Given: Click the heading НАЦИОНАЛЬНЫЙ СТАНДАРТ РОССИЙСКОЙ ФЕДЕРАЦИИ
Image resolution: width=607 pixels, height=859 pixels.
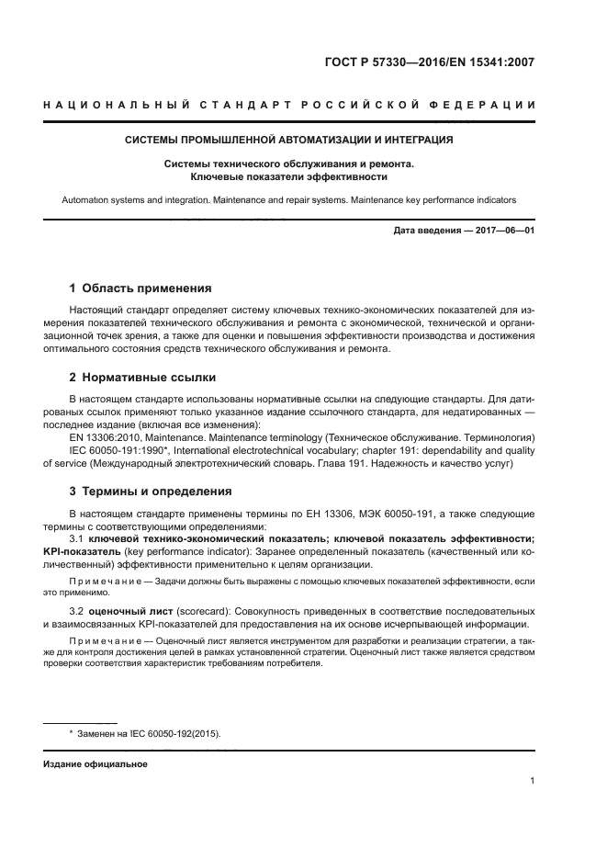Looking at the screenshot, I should [289, 107].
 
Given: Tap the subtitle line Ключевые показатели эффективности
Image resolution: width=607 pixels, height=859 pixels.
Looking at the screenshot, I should [289, 175].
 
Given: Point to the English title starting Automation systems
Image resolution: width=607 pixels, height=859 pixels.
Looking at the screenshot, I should [289, 198].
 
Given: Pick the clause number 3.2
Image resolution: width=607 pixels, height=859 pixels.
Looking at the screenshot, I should [77, 611].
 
